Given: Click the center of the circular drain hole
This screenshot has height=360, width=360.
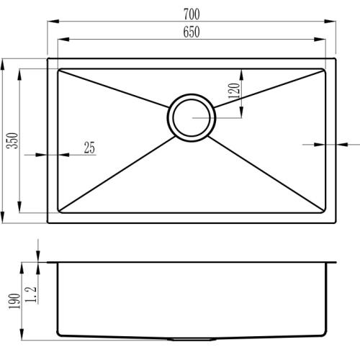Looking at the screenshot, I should point(192,116).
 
